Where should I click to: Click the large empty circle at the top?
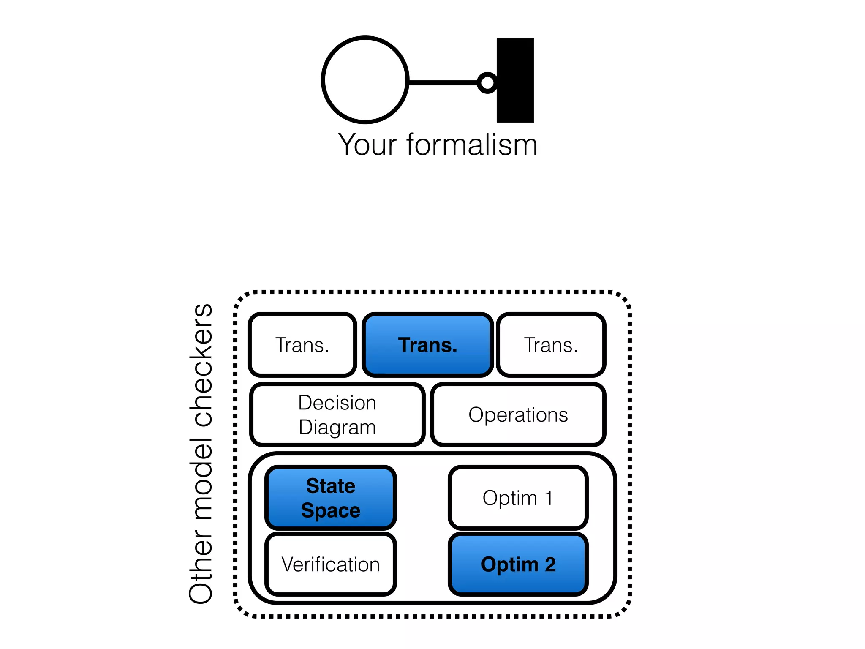tap(365, 80)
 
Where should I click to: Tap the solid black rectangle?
tap(515, 80)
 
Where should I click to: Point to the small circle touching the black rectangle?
tap(487, 82)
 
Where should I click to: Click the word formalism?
tap(472, 145)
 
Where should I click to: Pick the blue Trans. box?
tap(427, 345)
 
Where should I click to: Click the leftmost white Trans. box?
tap(302, 345)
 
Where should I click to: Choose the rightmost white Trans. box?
tap(551, 345)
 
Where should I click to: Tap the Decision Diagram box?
tap(337, 414)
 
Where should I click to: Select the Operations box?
tap(518, 414)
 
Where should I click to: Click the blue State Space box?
tap(330, 498)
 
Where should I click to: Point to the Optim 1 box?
tap(518, 498)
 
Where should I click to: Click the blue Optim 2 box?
tap(518, 564)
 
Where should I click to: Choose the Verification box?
tap(330, 564)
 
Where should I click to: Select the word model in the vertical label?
tap(201, 477)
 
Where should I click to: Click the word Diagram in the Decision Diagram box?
tap(337, 427)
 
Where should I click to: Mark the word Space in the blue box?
tap(330, 510)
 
